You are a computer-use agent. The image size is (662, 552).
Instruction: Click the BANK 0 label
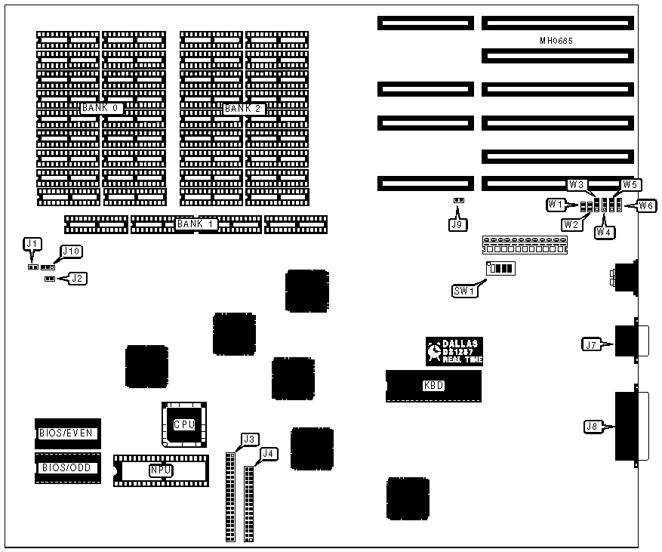coord(101,108)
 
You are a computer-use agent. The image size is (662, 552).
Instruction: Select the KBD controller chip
coord(433,385)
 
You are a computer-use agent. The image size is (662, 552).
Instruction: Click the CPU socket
coord(183,424)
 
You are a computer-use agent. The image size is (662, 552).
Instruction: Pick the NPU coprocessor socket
coord(160,470)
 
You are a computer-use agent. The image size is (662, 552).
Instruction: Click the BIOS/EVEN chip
coord(67,433)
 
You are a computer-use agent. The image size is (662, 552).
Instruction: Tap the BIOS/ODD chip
coord(67,467)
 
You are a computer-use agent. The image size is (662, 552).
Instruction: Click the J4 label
coord(268,453)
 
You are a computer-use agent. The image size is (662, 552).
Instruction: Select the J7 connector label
coord(591,345)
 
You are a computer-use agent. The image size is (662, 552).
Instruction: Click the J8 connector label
coord(593,427)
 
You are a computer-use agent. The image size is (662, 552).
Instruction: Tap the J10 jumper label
coord(72,251)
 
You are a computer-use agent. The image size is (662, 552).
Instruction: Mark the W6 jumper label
coord(645,205)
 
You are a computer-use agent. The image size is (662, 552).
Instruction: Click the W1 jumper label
coord(556,204)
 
